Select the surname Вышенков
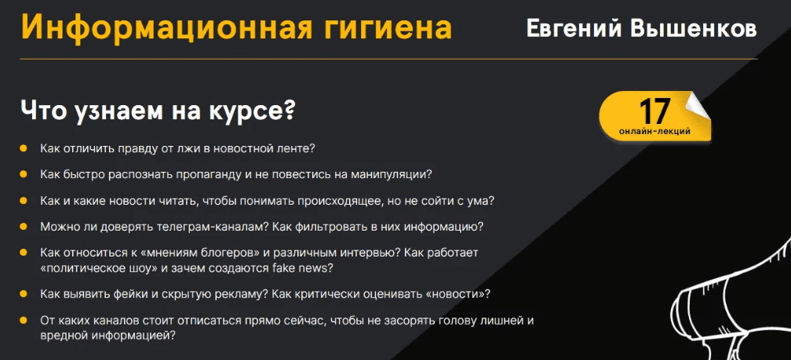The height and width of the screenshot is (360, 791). tap(694, 28)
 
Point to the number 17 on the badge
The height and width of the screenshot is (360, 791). tap(654, 111)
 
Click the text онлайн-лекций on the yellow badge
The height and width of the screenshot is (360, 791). tap(654, 132)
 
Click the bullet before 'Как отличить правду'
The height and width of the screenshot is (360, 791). tap(24, 149)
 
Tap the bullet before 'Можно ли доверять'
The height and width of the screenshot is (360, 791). tap(24, 227)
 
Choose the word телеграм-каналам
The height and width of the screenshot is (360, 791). tap(215, 227)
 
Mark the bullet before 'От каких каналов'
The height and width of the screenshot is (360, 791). tap(24, 320)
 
